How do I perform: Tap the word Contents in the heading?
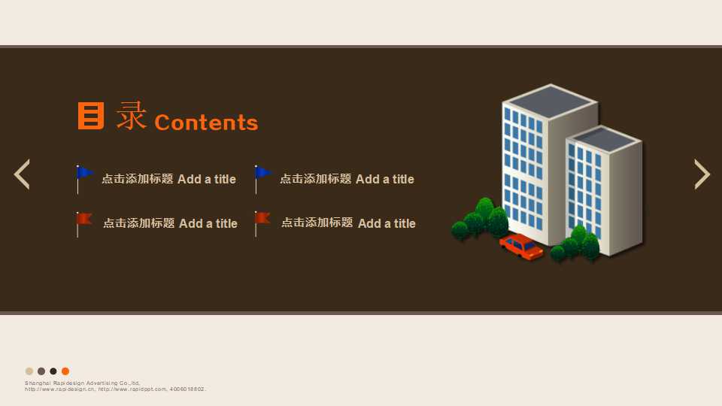tap(206, 123)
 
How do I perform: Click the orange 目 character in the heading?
tap(91, 116)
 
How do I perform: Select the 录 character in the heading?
tap(132, 116)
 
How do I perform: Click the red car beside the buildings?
tap(521, 247)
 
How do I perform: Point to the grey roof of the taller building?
tap(551, 101)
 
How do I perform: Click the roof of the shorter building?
tap(604, 138)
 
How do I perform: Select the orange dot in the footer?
tap(65, 371)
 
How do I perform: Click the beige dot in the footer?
tap(29, 371)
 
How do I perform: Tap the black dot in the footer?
tap(53, 371)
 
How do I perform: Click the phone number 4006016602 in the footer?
tap(187, 389)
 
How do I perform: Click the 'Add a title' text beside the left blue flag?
tap(207, 179)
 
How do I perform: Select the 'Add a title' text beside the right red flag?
tap(387, 223)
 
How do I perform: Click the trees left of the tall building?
tap(481, 219)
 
